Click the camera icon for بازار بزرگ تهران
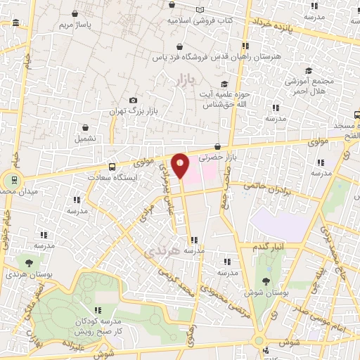coord(134,101)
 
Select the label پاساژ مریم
coord(75,25)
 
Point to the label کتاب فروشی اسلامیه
coord(200,20)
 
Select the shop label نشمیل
coord(86,138)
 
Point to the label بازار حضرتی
coord(215,158)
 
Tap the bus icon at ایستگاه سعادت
coord(112,167)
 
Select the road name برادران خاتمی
coord(271,187)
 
